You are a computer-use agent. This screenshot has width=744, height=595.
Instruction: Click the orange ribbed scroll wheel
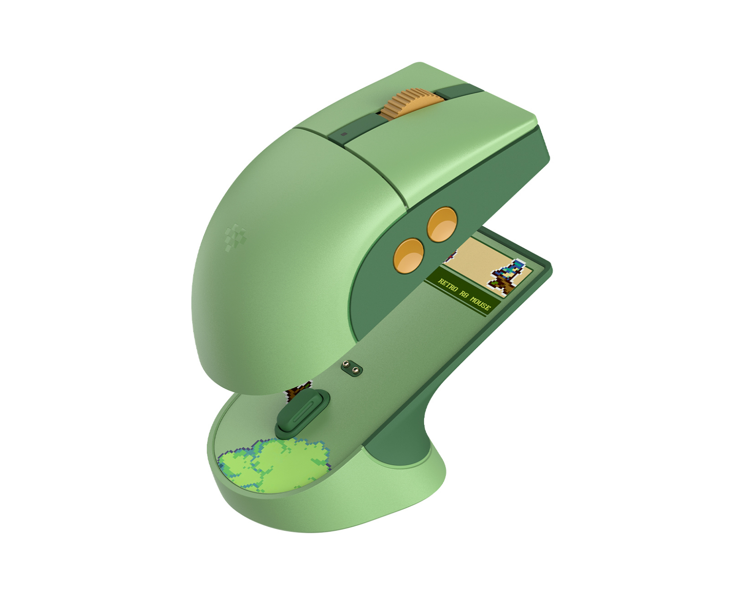pos(412,104)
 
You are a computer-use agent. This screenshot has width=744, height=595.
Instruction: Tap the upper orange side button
pos(442,225)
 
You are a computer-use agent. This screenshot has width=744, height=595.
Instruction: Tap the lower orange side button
pos(408,256)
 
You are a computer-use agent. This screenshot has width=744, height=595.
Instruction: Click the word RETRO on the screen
pos(448,285)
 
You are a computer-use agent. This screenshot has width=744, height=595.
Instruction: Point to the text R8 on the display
pos(463,294)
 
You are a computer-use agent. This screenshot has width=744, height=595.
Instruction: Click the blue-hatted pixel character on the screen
pos(507,276)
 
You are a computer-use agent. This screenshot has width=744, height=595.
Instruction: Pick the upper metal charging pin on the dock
pos(345,364)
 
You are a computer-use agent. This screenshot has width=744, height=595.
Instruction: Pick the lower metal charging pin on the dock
pos(355,370)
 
